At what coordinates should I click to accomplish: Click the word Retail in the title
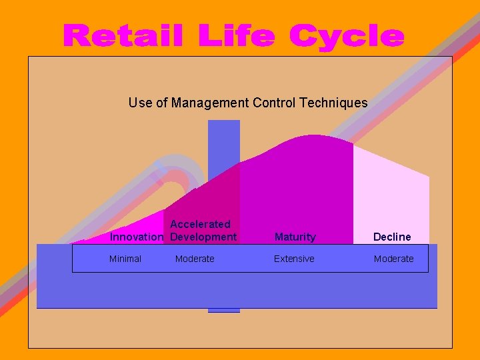click(123, 36)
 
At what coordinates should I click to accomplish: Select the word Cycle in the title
click(347, 37)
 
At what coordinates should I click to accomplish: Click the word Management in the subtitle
click(210, 103)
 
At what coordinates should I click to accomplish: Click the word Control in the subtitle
click(275, 103)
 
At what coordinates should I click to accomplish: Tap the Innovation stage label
click(136, 237)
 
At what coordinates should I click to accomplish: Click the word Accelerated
click(200, 225)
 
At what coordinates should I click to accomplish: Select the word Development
click(203, 237)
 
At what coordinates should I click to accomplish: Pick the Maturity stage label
click(295, 237)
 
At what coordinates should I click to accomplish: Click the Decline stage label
click(392, 237)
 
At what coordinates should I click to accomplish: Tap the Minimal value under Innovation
click(125, 259)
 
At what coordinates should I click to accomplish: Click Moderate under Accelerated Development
click(195, 259)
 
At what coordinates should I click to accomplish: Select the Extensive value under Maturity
click(294, 259)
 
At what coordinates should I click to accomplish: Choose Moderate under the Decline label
click(393, 259)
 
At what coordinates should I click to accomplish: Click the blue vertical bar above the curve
click(223, 143)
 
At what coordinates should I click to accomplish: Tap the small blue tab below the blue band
click(223, 310)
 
